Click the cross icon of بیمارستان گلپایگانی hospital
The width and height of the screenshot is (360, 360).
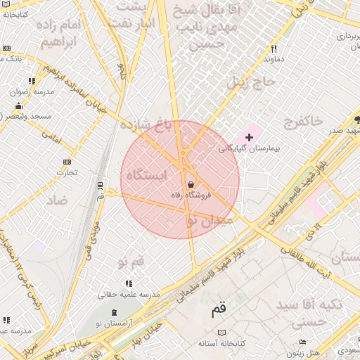(x=249, y=136)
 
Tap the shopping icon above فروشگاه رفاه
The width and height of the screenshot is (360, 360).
(x=191, y=184)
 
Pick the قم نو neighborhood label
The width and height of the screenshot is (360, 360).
(x=131, y=262)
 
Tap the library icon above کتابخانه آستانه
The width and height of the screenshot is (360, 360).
(x=222, y=332)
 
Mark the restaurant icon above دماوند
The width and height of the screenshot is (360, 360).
(x=274, y=49)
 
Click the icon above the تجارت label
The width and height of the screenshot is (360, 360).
(x=67, y=162)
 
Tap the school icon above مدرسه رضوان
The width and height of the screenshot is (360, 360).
(x=32, y=81)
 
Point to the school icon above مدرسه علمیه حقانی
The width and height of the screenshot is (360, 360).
(x=134, y=283)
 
